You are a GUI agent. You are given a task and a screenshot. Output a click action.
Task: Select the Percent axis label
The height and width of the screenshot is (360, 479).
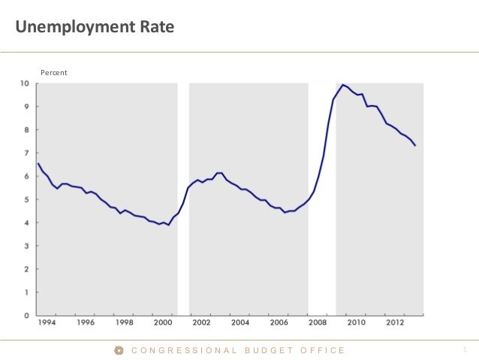[53, 72]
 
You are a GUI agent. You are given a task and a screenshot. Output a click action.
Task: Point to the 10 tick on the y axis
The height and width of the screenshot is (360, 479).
[25, 83]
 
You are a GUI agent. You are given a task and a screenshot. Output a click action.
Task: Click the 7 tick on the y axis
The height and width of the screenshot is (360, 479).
[27, 153]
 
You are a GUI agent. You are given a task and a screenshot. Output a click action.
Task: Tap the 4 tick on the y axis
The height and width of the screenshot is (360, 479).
[27, 223]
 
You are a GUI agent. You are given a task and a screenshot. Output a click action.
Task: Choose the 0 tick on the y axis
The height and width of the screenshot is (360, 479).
[27, 316]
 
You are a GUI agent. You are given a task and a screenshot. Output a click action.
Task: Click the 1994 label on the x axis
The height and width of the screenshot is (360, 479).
[47, 323]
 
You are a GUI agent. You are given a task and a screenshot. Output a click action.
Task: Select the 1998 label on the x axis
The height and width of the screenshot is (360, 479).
[125, 323]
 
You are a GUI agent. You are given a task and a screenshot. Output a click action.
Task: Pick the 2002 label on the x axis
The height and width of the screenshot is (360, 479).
[201, 323]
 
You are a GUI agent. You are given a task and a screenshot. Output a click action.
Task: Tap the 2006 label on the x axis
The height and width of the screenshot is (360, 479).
[279, 323]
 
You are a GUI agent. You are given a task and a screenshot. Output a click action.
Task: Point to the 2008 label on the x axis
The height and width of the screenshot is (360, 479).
[317, 323]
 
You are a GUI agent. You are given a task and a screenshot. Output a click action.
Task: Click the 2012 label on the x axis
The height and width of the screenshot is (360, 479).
[394, 323]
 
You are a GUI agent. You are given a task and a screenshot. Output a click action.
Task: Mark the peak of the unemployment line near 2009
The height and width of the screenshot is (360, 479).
[342, 85]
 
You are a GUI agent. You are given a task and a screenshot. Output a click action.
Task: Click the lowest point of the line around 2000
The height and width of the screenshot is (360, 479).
[168, 225]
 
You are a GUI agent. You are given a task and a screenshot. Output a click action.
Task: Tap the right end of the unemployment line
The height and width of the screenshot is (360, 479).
[415, 145]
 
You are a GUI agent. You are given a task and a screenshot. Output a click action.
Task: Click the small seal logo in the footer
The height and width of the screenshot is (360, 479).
[119, 350]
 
